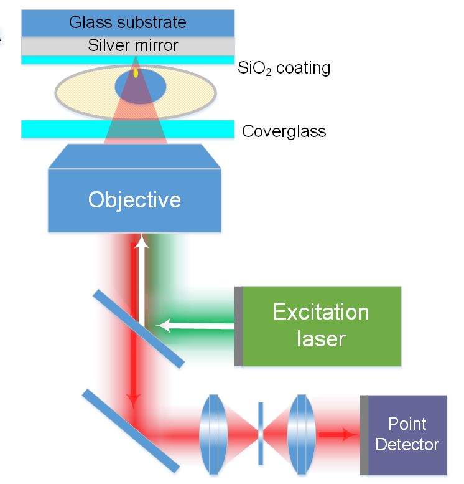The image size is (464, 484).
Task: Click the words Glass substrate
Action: coord(128,23)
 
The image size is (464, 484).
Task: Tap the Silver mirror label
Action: coord(132,45)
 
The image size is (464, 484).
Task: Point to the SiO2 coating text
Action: coord(284,68)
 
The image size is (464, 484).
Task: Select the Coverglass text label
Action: coord(284,131)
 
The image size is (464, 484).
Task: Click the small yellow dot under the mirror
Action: coord(136,74)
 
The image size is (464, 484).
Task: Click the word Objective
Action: coord(134,199)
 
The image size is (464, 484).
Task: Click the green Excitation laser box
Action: coord(320,326)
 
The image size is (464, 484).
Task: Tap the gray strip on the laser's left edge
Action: coord(238,326)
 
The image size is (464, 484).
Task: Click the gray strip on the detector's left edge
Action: coord(364,435)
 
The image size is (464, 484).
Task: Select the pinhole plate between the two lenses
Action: coord(261,434)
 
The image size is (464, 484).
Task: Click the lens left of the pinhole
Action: coord(213,434)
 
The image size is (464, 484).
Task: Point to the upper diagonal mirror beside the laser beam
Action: coord(139,327)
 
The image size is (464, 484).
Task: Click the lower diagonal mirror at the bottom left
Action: coord(130,429)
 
